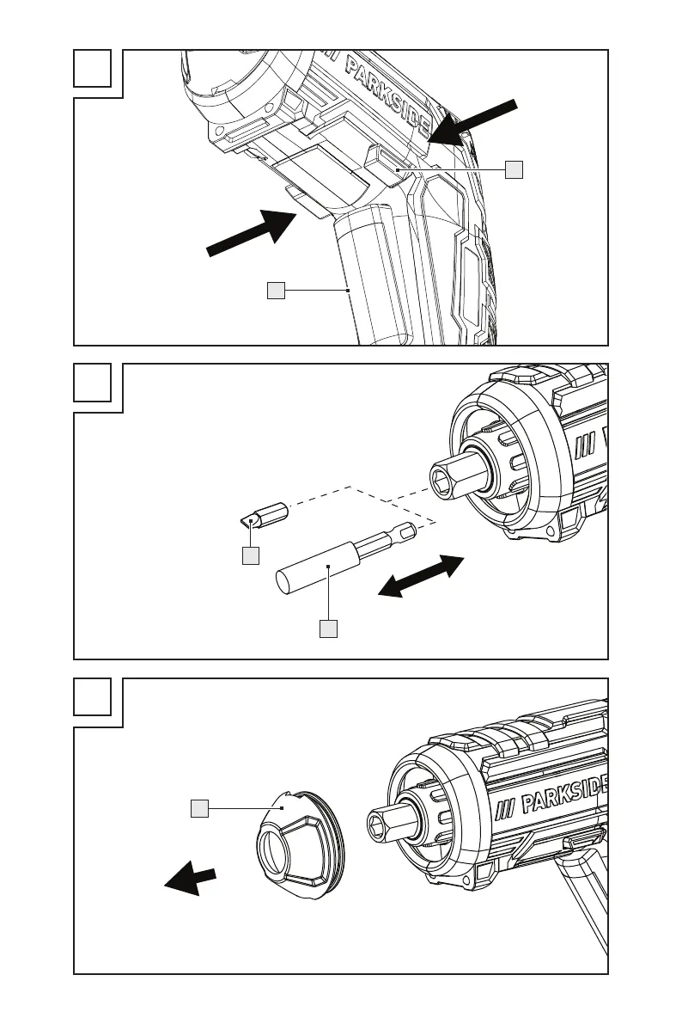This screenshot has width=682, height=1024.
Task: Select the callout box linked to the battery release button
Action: (513, 169)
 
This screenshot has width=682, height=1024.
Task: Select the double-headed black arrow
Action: (423, 576)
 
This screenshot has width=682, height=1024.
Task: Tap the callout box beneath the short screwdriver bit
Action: (250, 556)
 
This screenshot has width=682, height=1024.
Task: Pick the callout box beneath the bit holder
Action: (328, 629)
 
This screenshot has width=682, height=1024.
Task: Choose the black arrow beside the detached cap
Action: (190, 879)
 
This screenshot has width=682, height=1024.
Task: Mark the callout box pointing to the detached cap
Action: (199, 807)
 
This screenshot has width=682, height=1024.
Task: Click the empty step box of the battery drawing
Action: (93, 68)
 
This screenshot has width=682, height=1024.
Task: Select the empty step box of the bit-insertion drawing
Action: (93, 383)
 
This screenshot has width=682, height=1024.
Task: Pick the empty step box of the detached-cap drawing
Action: (93, 697)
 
